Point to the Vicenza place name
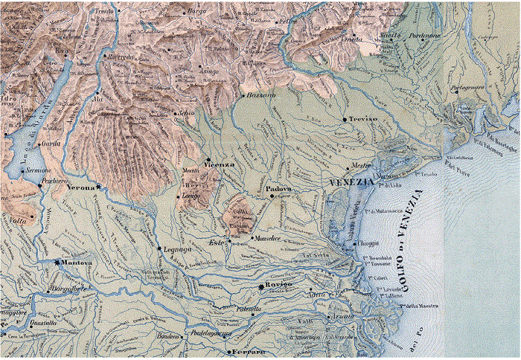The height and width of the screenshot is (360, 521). (x=220, y=164)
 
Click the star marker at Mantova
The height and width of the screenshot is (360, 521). (x=57, y=262)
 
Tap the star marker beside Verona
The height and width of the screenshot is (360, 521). (x=98, y=187)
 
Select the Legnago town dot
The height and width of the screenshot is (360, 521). (x=159, y=248)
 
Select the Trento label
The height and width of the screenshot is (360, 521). (x=103, y=13)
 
